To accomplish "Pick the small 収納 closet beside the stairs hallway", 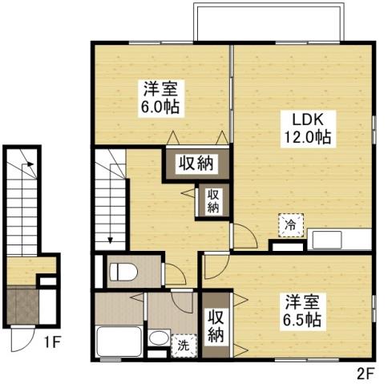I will pos(213,200).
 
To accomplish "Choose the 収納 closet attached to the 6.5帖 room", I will pos(216,325).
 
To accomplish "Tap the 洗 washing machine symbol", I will pos(184,346).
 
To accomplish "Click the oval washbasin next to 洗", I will pos(159,347).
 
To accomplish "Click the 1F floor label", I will pos(52,346).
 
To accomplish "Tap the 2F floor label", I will pos(364,372).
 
